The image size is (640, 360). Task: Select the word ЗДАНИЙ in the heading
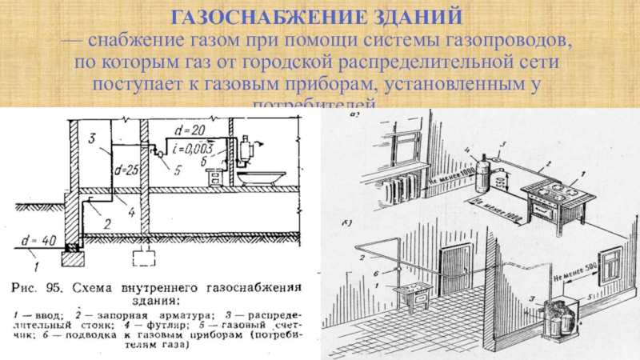[x=409, y=16]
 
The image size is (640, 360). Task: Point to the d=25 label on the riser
[x=127, y=170]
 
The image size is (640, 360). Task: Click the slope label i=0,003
[x=194, y=146]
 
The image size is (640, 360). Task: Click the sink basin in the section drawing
[x=264, y=175]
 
